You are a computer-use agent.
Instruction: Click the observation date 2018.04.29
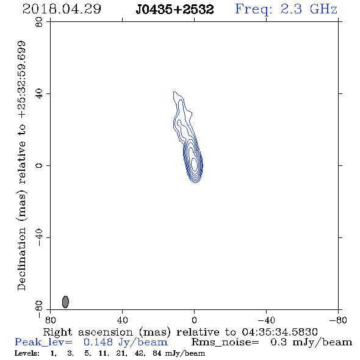(x=62, y=9)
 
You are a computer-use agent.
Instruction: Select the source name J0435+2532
(x=175, y=9)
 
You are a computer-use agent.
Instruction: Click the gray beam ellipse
(x=65, y=301)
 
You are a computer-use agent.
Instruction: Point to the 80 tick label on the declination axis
(x=39, y=22)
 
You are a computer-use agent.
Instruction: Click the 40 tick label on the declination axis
(x=39, y=94)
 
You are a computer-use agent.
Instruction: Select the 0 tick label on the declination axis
(x=39, y=165)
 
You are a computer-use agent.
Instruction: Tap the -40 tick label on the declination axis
(x=39, y=237)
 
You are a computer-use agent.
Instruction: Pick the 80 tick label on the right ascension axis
(x=50, y=320)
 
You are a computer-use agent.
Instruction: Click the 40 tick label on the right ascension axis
(x=122, y=320)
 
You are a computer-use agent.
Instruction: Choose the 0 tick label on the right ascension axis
(x=194, y=320)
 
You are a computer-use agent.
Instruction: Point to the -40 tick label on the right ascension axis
(x=266, y=320)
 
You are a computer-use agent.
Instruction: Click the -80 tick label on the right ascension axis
(x=338, y=320)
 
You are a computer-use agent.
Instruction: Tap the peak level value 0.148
(x=98, y=342)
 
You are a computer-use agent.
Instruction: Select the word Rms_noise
(x=225, y=342)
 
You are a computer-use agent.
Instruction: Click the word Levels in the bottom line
(x=27, y=353)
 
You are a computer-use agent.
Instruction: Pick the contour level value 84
(x=157, y=353)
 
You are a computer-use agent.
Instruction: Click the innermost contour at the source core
(x=194, y=165)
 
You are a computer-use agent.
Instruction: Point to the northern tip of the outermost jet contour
(x=175, y=92)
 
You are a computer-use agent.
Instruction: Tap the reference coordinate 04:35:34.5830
(x=279, y=332)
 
